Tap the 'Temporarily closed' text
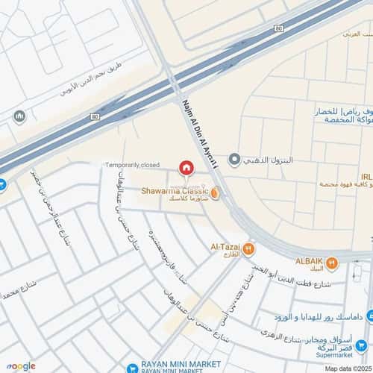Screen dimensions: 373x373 [x=132, y=164]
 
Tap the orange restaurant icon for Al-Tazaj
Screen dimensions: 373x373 [x=249, y=249]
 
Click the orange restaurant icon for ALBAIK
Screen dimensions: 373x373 [x=333, y=263]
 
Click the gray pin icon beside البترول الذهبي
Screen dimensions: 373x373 [x=234, y=159]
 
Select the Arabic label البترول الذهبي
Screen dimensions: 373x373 [x=268, y=160]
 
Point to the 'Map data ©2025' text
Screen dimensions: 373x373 [x=347, y=367]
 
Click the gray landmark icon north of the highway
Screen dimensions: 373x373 [x=19, y=116]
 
